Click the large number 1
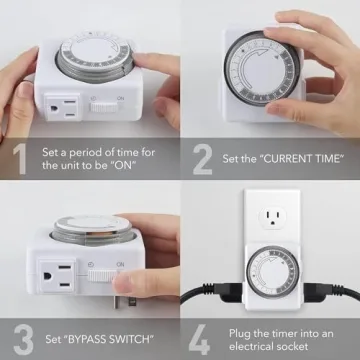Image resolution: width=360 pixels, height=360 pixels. pyautogui.click(x=19, y=158)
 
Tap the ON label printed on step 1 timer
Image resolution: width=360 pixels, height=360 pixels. pyautogui.click(x=120, y=99)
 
